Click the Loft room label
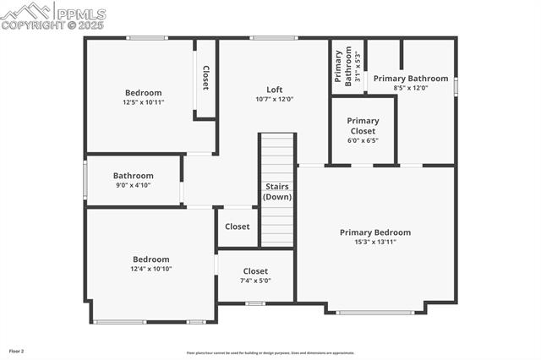coord(275,90)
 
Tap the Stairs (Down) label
coord(277,191)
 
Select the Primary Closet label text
coord(363,126)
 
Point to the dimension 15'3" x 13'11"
coord(374,242)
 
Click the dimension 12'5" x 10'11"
coord(143,102)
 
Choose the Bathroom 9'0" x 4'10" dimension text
coord(133,185)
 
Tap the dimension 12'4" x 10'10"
coord(150,269)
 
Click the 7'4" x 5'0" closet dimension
coord(255,281)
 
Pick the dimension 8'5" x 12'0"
coord(411,88)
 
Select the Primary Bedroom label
coord(374,232)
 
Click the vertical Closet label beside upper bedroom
coord(205,78)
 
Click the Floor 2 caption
coord(17,350)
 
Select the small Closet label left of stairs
coord(238,226)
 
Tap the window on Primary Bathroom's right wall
coord(456,86)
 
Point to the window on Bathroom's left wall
coord(85,179)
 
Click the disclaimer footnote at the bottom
coord(271,353)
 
